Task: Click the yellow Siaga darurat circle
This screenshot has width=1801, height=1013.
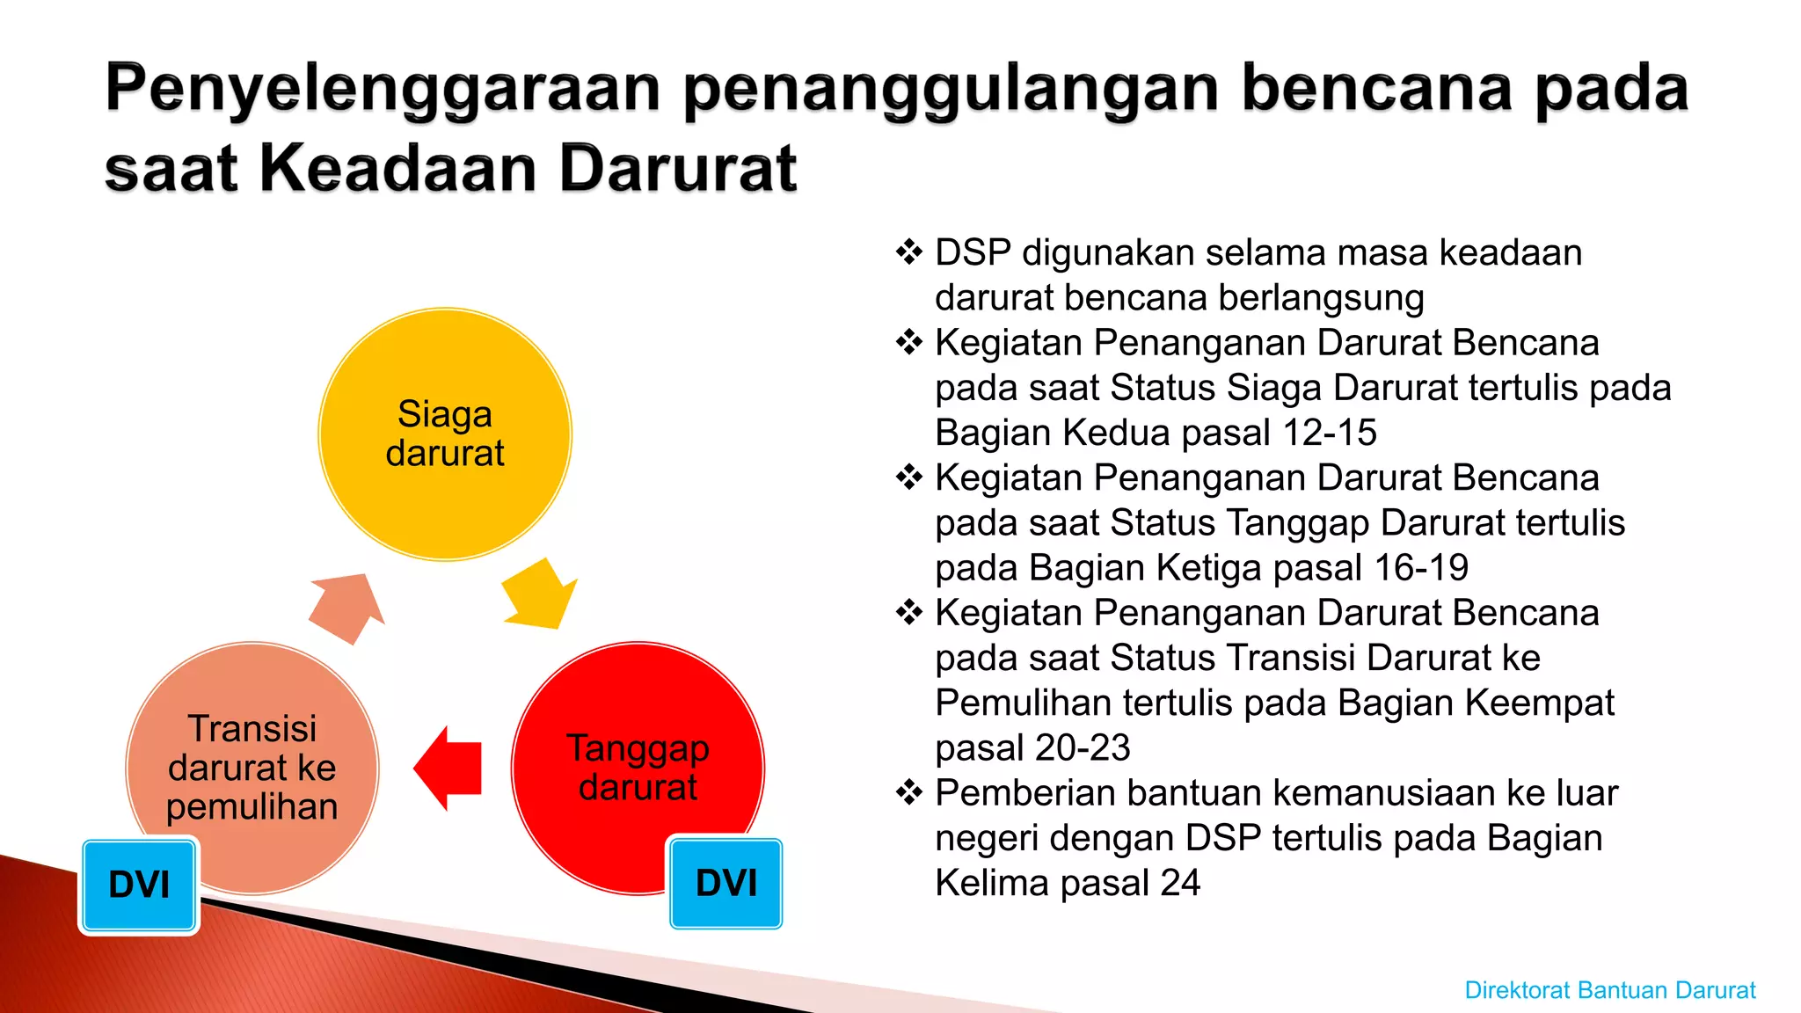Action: (445, 434)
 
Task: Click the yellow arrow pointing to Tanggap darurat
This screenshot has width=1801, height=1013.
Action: (539, 594)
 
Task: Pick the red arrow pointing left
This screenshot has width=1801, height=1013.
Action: (448, 768)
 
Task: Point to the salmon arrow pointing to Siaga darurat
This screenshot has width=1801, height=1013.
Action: (347, 607)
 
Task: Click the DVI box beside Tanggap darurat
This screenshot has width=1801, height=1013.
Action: (726, 883)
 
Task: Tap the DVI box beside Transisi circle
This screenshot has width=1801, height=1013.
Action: (139, 885)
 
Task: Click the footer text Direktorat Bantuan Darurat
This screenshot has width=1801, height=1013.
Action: (1609, 990)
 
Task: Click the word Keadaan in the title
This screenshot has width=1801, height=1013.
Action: (398, 168)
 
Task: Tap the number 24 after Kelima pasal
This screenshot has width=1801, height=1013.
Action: (1179, 883)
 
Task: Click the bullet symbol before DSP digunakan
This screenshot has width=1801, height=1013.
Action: (908, 252)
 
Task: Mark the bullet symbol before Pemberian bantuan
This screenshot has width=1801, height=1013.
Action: (908, 793)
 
